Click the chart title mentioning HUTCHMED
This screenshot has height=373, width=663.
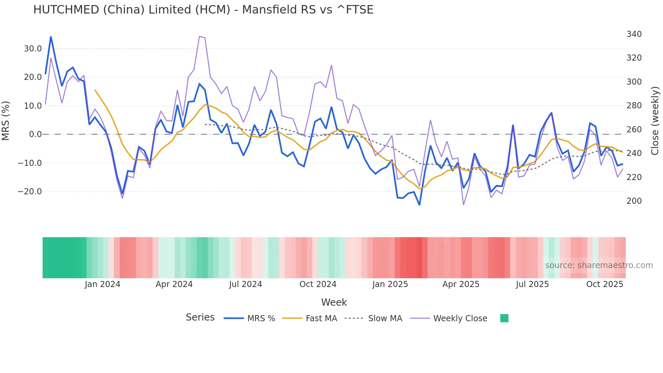pyautogui.click(x=203, y=10)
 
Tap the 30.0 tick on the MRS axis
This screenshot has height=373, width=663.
pyautogui.click(x=33, y=49)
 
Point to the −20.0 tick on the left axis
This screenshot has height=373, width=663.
pyautogui.click(x=30, y=192)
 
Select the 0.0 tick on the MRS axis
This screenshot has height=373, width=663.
pyautogui.click(x=35, y=134)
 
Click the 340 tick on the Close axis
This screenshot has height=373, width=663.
pyautogui.click(x=634, y=34)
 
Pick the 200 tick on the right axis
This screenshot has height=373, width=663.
pyautogui.click(x=634, y=201)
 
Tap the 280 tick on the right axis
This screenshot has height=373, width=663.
pyautogui.click(x=634, y=106)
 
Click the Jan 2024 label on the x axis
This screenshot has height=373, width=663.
pyautogui.click(x=102, y=284)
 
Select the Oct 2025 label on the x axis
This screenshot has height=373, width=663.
pyautogui.click(x=604, y=284)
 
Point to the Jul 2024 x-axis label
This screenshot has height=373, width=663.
pyautogui.click(x=246, y=284)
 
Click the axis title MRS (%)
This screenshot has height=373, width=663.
pyautogui.click(x=6, y=120)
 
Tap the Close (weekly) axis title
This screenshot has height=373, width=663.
pyautogui.click(x=655, y=120)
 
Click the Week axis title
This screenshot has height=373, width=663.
pyautogui.click(x=334, y=302)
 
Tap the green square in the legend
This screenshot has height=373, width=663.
pyautogui.click(x=504, y=318)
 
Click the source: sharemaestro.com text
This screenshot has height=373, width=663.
pyautogui.click(x=599, y=265)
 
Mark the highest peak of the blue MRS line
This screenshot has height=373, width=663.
pyautogui.click(x=51, y=37)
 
